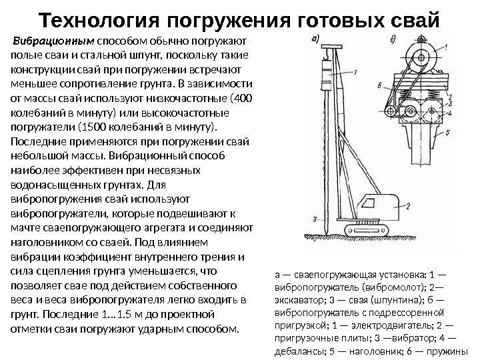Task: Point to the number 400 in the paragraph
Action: tap(243, 98)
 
